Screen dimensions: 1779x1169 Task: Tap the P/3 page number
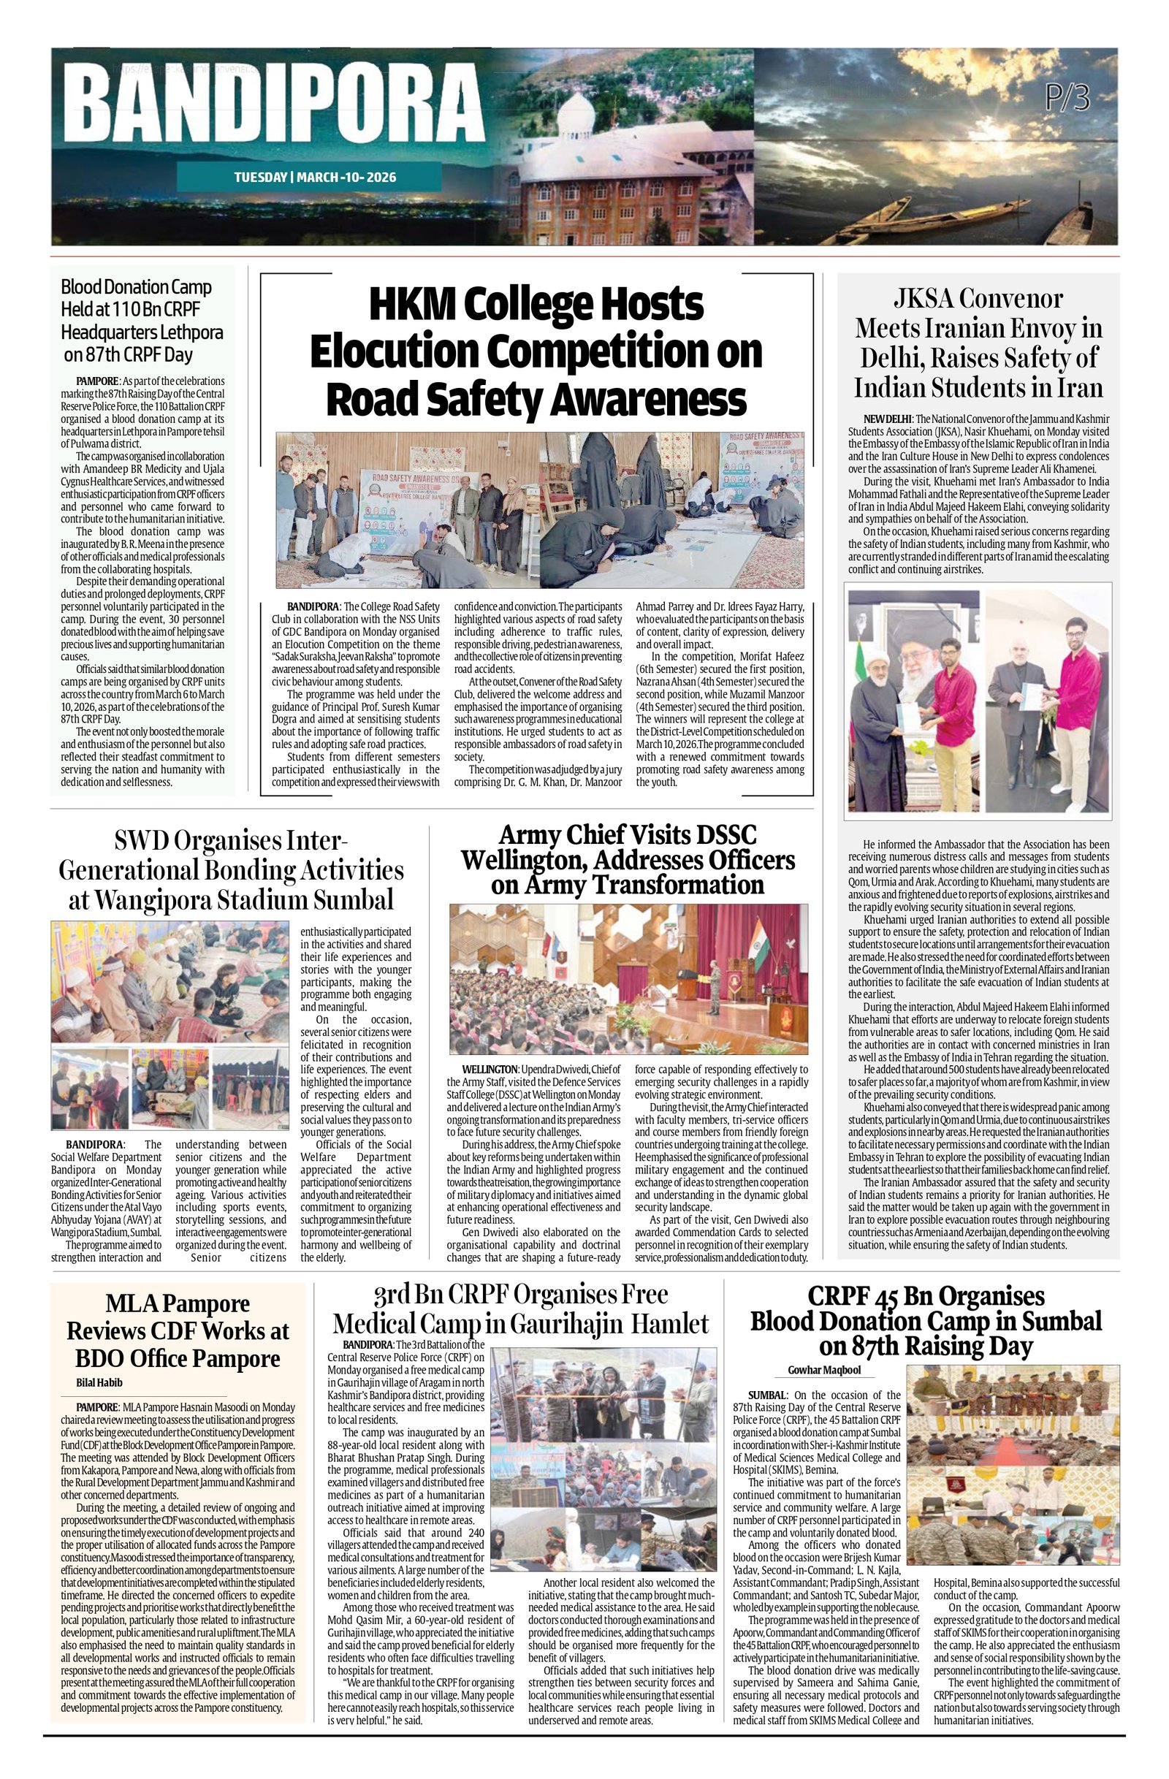1068,96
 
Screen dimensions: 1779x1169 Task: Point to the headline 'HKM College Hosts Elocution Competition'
536,351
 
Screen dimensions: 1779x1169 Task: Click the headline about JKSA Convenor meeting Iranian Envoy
978,343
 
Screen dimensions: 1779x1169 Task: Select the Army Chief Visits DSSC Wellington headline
627,860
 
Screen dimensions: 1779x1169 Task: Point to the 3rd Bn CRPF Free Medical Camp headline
520,1308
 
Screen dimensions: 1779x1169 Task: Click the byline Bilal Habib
99,1382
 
